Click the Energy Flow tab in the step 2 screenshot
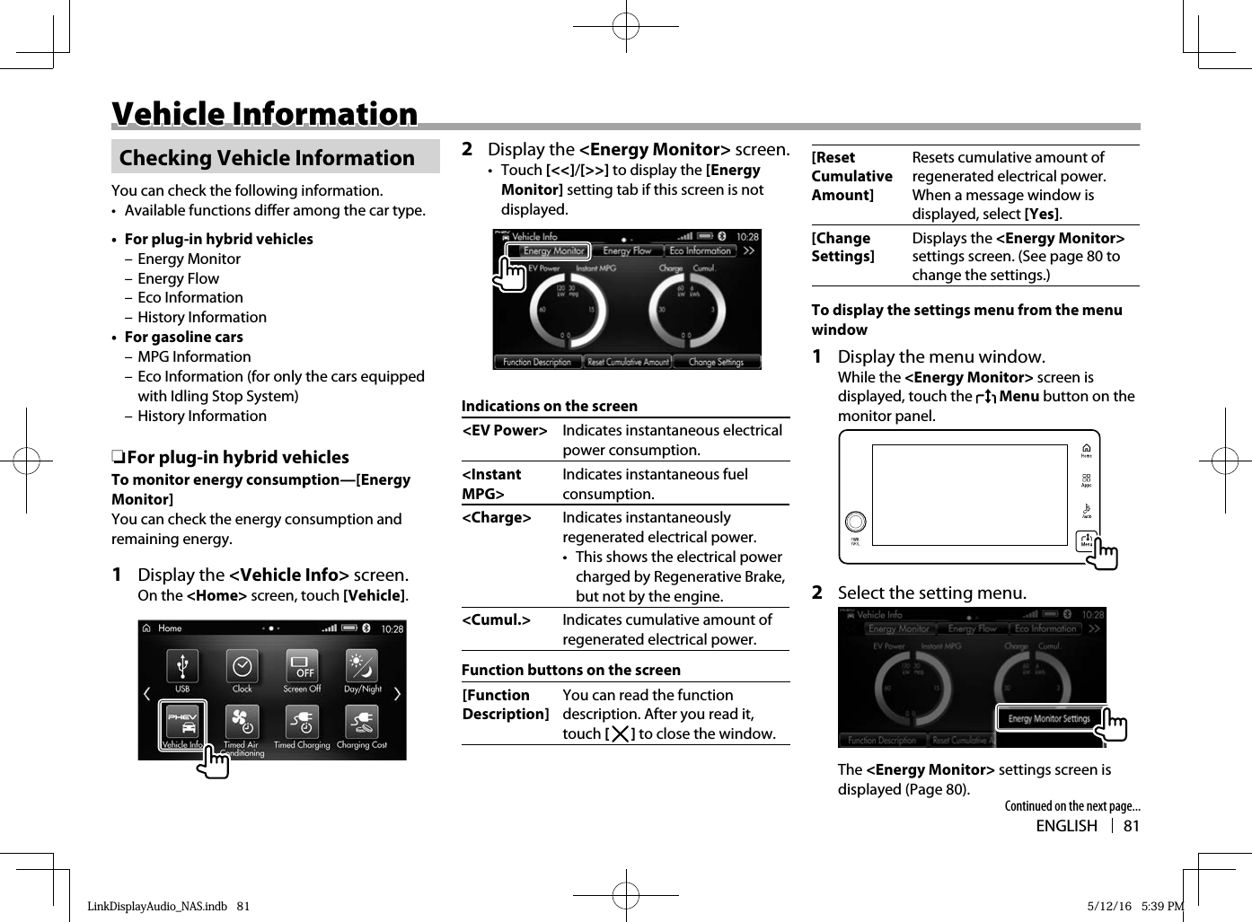pyautogui.click(x=627, y=251)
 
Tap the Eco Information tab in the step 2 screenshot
pyautogui.click(x=700, y=251)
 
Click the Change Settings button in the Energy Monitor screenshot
pyautogui.click(x=716, y=362)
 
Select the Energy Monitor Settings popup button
pyautogui.click(x=1049, y=718)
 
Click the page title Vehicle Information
pyautogui.click(x=265, y=114)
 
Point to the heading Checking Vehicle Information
pyautogui.click(x=267, y=158)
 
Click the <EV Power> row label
pyautogui.click(x=505, y=431)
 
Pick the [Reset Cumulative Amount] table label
pyautogui.click(x=851, y=176)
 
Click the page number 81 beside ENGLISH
pyautogui.click(x=1132, y=826)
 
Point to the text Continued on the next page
pyautogui.click(x=1072, y=806)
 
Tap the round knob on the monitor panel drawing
pyautogui.click(x=856, y=522)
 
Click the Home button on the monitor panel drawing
pyautogui.click(x=1086, y=450)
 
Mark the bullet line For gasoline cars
pyautogui.click(x=183, y=338)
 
